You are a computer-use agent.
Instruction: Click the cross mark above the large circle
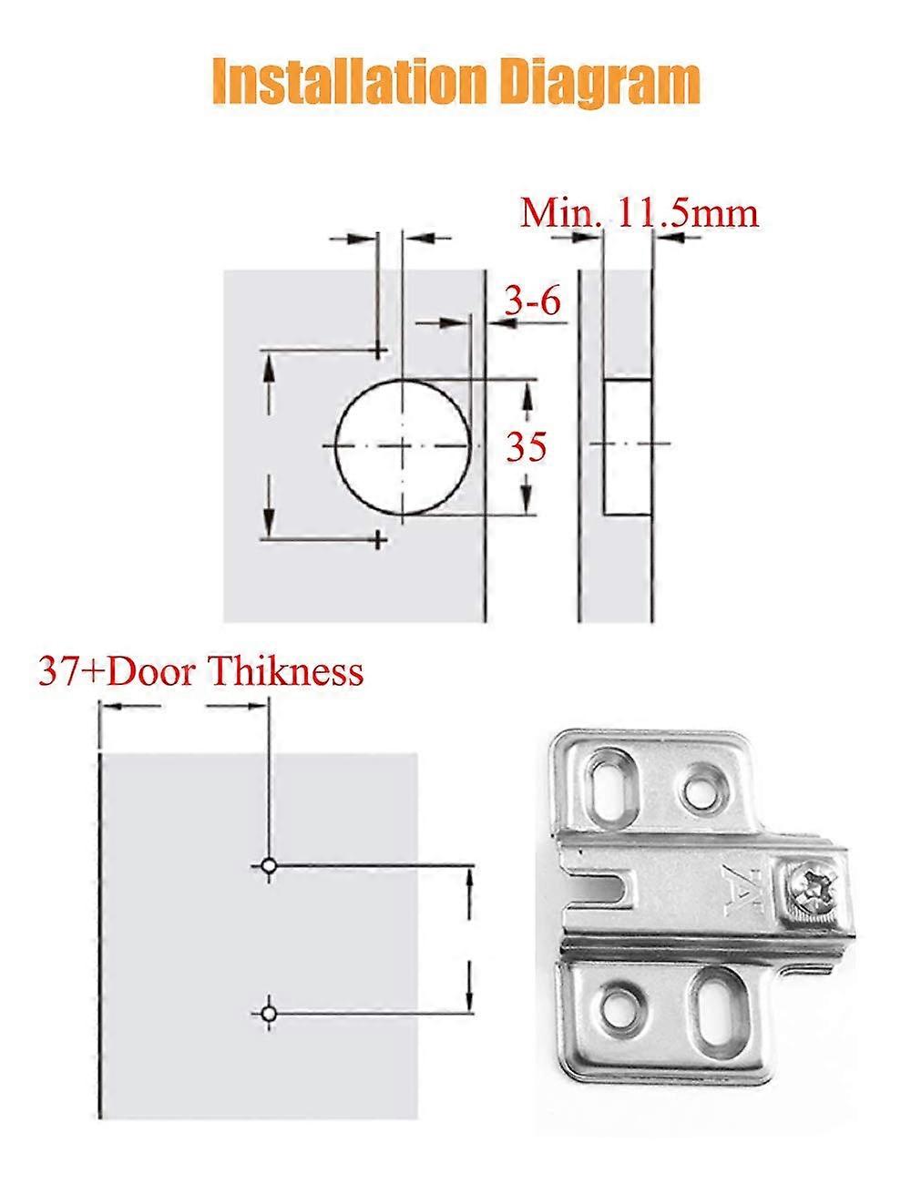click(378, 350)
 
